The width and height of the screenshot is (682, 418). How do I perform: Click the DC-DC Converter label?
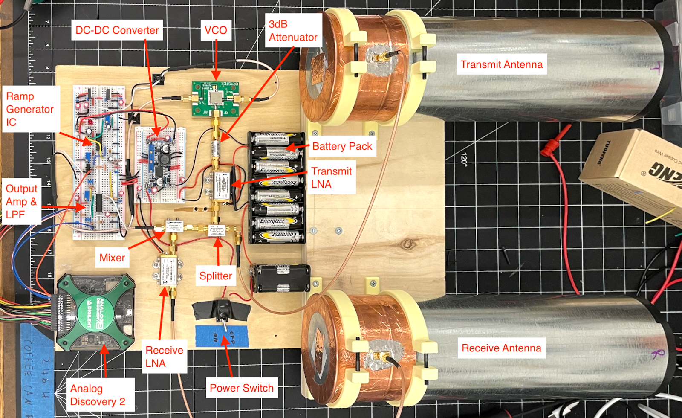pos(117,30)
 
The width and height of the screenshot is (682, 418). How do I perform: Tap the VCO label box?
pos(216,30)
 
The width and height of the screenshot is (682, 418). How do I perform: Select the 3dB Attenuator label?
pos(293,31)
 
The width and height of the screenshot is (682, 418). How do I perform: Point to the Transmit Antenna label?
pos(501,64)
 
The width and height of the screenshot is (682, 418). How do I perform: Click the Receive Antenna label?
pos(501,348)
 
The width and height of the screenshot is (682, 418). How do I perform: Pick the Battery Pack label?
pos(342,146)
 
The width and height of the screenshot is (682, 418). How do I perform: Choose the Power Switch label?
pos(241,388)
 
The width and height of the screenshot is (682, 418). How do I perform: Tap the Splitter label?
pos(216,276)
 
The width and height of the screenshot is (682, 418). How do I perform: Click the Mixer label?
pos(112,258)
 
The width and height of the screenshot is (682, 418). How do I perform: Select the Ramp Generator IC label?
pos(30,109)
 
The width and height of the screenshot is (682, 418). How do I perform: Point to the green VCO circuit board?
pos(215,99)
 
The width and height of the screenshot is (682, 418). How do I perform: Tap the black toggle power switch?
pos(222,310)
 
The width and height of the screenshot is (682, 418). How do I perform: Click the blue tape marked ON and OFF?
pos(222,336)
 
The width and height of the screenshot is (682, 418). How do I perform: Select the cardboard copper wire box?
pos(635,171)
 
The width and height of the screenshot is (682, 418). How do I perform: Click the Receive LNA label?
pos(164,357)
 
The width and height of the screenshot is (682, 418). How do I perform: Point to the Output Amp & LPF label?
pos(21,201)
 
